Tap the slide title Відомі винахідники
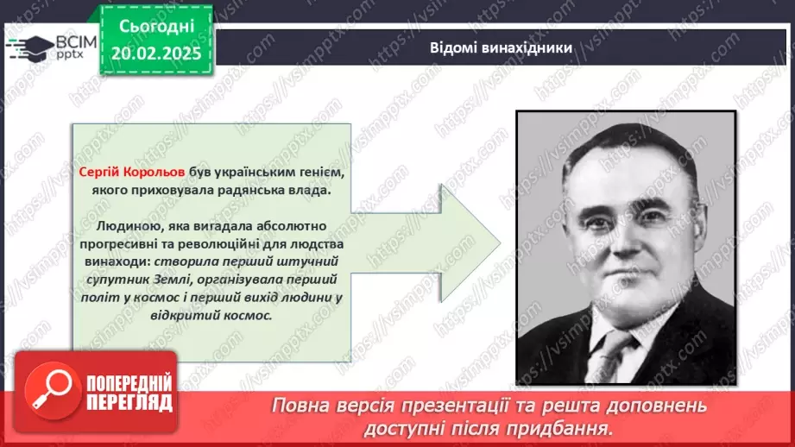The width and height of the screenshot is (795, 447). point(501,47)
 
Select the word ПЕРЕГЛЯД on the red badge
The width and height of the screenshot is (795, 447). point(129,403)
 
